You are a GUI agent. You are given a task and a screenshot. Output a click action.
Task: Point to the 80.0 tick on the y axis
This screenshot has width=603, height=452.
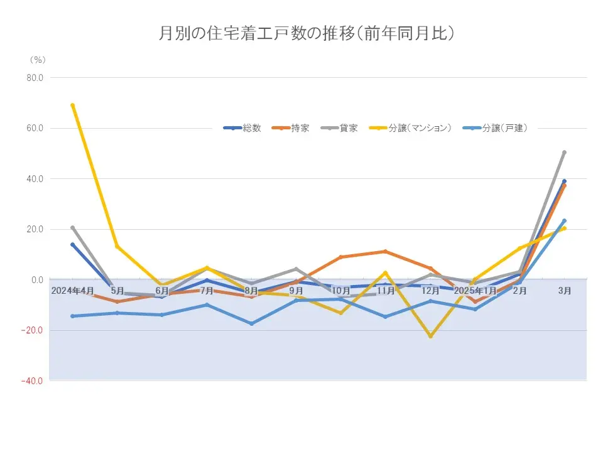pos(33,78)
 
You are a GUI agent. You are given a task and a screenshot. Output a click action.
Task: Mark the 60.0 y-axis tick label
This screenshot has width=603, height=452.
pos(33,128)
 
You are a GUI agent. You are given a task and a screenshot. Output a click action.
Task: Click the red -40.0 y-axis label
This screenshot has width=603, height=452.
pos(32,380)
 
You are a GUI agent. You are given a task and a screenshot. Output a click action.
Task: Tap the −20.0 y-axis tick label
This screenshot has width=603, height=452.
pos(32,330)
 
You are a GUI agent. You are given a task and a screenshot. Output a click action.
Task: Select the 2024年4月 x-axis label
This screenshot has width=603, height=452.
pos(73,291)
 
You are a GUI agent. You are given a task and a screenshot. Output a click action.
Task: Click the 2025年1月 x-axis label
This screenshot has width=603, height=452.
pos(475,291)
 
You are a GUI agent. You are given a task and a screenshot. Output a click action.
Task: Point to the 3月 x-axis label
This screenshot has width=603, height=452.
pos(565,291)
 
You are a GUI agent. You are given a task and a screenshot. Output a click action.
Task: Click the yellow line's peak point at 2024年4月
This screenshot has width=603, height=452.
pos(73,105)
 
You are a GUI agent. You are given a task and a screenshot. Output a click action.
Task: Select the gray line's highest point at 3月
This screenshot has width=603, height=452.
pos(564,152)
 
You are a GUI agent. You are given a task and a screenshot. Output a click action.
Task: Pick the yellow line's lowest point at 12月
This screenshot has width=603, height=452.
pos(430,336)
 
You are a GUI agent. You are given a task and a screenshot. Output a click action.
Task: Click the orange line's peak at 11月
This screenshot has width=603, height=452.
pos(385,251)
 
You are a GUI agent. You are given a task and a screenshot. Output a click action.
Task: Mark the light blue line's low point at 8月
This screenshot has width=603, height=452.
pos(252,323)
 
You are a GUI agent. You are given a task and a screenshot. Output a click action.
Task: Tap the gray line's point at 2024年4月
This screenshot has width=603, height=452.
pos(73,227)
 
